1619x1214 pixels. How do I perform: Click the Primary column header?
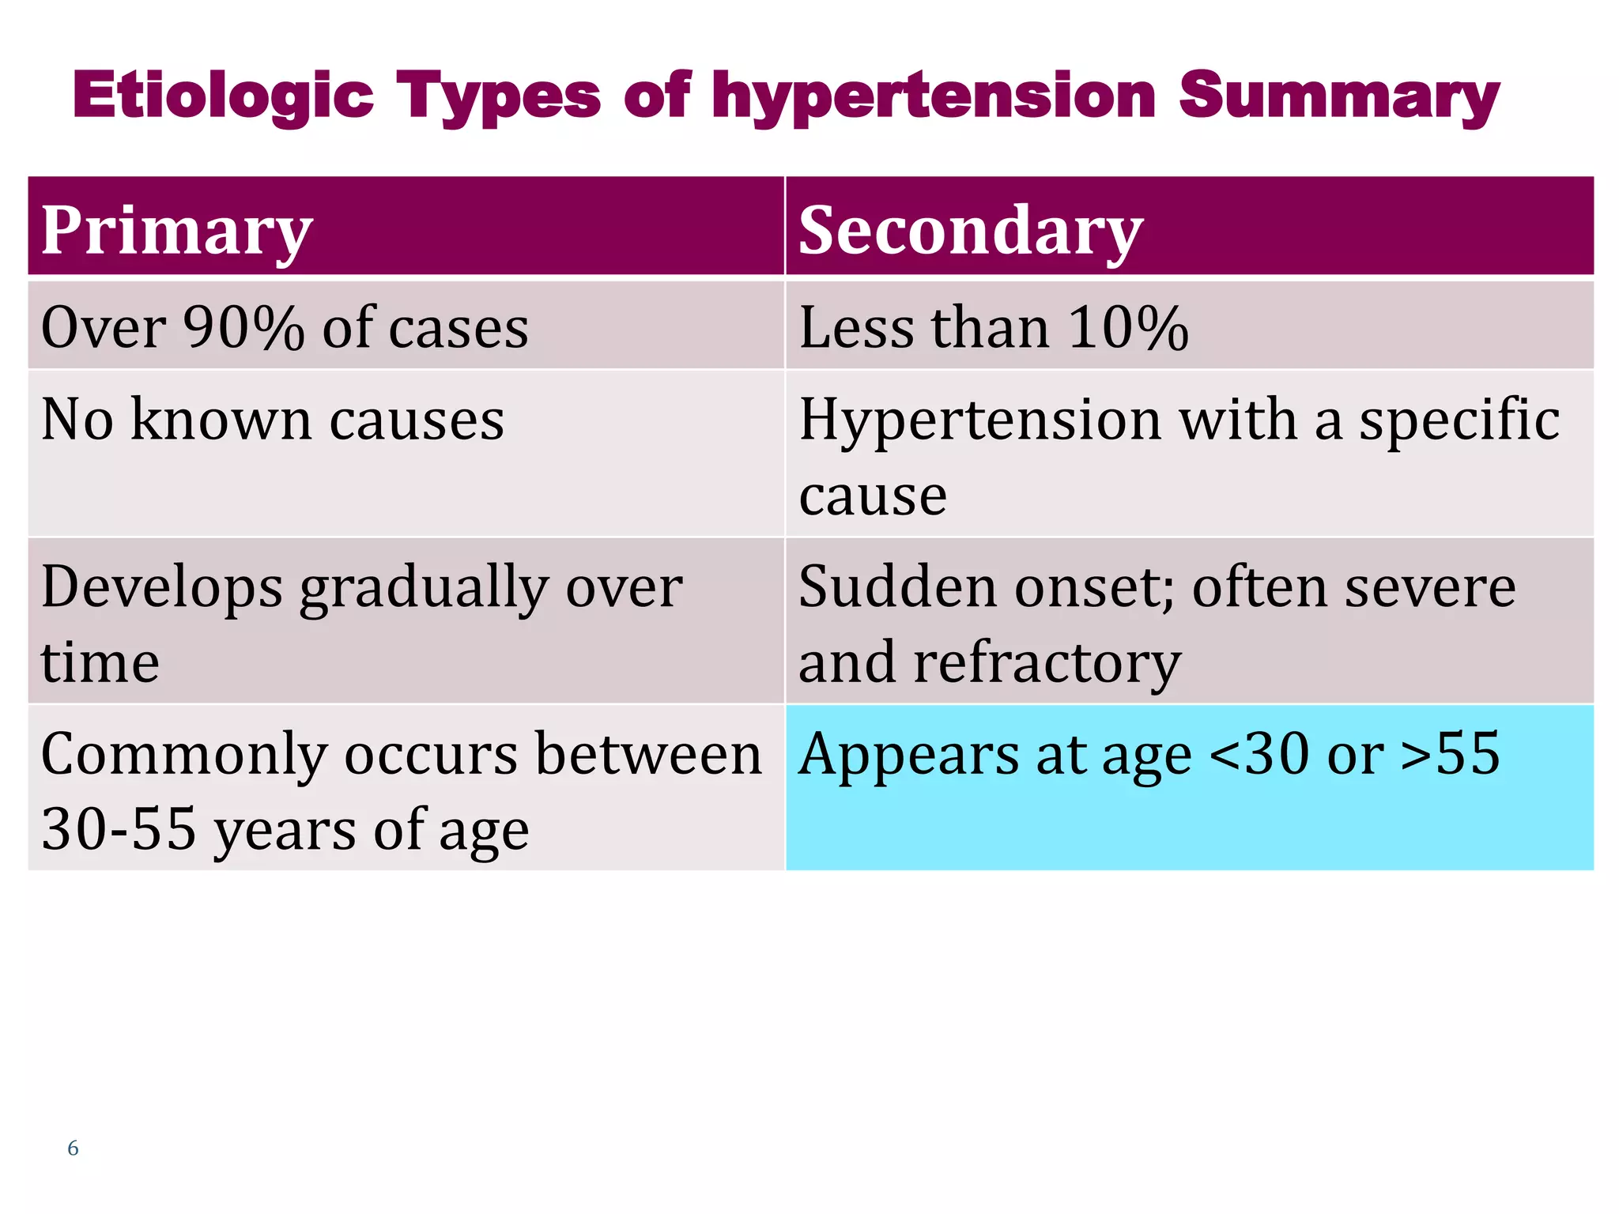click(x=177, y=230)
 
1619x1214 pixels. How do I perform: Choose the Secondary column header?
click(x=971, y=230)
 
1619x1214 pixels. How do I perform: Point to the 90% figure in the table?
click(x=243, y=327)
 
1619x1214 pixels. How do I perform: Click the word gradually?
click(x=424, y=589)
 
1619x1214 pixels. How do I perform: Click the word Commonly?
click(x=183, y=755)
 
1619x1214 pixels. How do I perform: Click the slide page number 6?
click(x=73, y=1148)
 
